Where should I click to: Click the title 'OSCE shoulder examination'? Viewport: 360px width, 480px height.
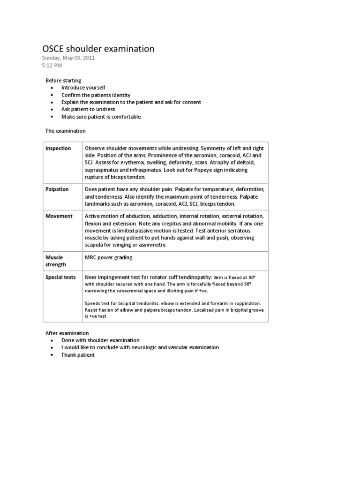coord(98,49)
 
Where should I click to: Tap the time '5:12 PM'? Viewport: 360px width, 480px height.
coord(52,66)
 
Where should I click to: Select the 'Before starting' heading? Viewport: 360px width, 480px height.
coord(63,81)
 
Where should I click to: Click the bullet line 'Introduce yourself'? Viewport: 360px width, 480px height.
coord(83,88)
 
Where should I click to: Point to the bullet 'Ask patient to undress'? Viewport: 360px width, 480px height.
coord(88,109)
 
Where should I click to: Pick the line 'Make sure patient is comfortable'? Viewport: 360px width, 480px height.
coord(101,117)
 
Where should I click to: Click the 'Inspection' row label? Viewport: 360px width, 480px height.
coord(58,148)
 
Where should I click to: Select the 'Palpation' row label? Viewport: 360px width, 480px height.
coord(57,189)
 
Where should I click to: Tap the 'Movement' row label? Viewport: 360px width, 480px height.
coord(59,216)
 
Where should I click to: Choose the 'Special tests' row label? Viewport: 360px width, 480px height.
coord(60,277)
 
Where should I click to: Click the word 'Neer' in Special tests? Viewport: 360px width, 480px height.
coord(92,277)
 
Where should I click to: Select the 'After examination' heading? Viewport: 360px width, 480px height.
coord(67,333)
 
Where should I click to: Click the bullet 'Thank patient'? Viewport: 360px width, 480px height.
coord(78,355)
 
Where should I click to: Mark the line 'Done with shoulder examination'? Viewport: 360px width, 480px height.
coord(100,340)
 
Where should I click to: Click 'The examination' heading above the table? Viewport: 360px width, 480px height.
coord(66,131)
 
